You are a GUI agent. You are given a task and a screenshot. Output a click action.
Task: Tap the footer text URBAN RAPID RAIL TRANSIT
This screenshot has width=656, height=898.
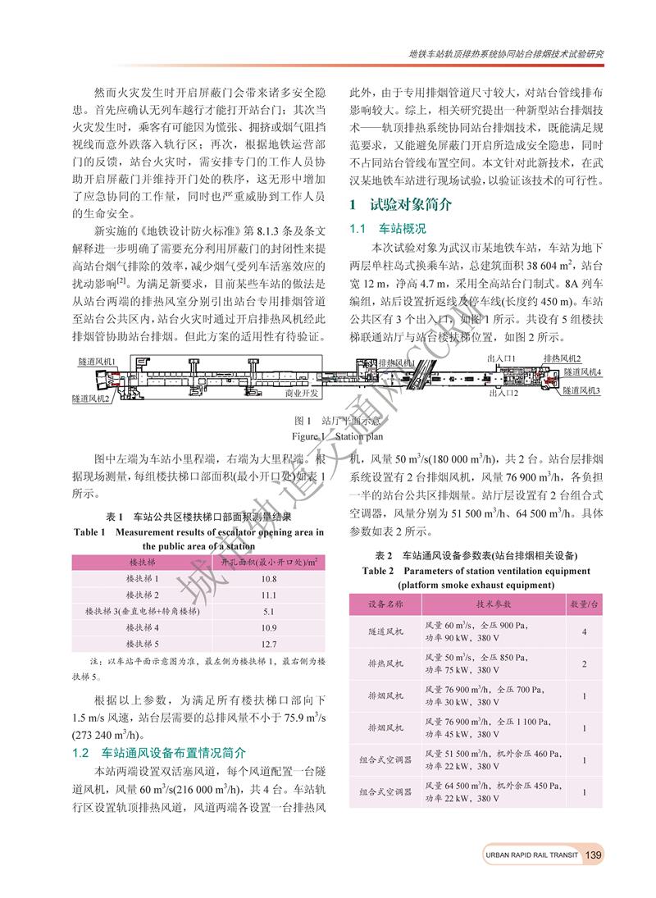(x=531, y=855)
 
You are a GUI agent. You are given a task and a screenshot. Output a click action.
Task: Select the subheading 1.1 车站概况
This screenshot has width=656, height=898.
(x=388, y=227)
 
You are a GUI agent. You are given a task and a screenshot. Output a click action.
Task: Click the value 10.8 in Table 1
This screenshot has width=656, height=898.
(x=269, y=579)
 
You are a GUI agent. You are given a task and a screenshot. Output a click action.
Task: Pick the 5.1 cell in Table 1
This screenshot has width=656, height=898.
(x=269, y=611)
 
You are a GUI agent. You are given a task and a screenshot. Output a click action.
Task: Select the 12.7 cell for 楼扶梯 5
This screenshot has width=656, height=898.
(x=269, y=644)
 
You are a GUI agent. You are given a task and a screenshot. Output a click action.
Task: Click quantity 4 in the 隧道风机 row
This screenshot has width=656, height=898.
(x=583, y=632)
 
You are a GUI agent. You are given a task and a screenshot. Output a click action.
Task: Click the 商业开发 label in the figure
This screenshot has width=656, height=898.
(x=302, y=394)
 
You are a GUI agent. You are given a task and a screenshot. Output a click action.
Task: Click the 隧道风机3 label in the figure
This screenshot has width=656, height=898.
(x=581, y=391)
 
